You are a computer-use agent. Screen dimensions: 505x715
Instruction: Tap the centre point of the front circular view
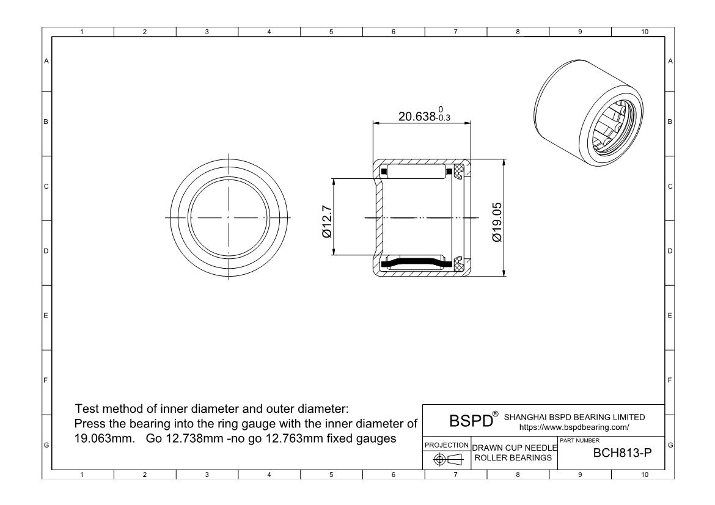228,217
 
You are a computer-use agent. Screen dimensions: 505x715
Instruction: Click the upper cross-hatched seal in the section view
460,172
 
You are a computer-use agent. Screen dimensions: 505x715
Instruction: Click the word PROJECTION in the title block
446,445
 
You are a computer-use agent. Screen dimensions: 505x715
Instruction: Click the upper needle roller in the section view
415,172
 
